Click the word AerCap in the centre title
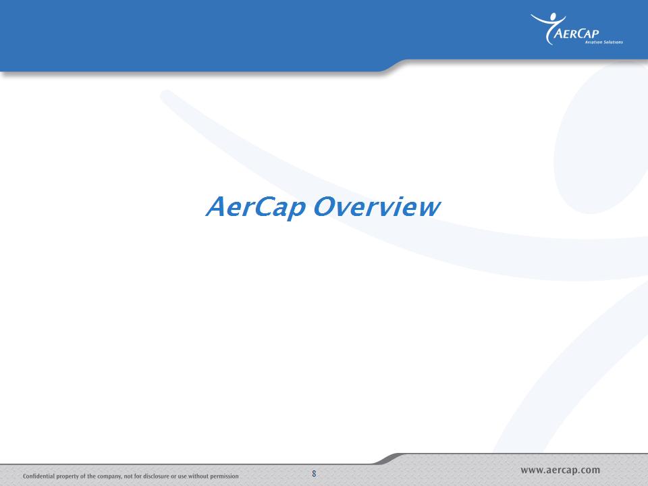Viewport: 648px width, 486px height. (256, 207)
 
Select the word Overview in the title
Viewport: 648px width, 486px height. (377, 207)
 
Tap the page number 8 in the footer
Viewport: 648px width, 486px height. (314, 474)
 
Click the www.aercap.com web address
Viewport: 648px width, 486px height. (560, 470)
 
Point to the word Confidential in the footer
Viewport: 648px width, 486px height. (38, 476)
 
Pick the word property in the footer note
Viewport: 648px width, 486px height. (67, 477)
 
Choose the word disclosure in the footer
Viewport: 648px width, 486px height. (156, 476)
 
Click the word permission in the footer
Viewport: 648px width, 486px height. (225, 477)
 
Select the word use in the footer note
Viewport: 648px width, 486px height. (182, 477)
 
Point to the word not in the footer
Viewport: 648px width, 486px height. (128, 476)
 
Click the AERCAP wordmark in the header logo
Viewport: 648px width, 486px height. (576, 34)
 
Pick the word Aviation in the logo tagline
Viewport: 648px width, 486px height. (593, 42)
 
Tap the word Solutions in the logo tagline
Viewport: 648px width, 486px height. (614, 42)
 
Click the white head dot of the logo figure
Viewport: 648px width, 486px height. (553, 16)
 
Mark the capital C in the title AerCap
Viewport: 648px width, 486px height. (265, 207)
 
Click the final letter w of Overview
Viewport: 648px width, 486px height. (429, 209)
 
